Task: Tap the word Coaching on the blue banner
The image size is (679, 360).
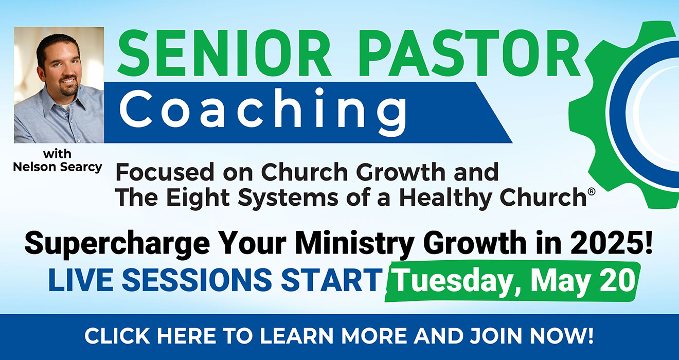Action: point(266,111)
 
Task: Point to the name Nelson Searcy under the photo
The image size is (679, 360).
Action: point(58,167)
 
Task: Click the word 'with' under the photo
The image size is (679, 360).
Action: point(58,154)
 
